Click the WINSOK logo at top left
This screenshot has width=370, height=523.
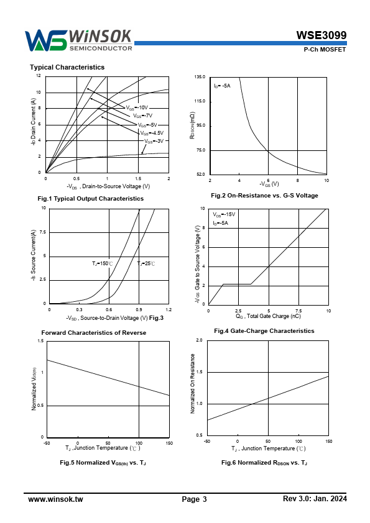[78, 40]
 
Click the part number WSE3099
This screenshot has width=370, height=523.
[321, 35]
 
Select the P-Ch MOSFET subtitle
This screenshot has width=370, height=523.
[325, 49]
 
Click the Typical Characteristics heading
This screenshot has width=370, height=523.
[67, 67]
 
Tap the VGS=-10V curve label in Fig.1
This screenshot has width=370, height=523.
[137, 107]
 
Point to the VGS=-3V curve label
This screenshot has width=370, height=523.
[154, 141]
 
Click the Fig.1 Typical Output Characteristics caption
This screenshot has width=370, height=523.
[91, 199]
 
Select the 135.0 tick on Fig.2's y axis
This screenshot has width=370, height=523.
[200, 77]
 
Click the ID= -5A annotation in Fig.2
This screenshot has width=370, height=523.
[222, 86]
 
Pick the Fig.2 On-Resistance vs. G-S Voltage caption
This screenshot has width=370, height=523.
[264, 196]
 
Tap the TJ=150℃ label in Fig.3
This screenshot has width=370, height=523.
[103, 263]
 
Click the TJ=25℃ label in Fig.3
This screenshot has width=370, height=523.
[146, 263]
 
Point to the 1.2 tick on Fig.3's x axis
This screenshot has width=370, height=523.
[169, 309]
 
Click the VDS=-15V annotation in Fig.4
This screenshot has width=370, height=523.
[224, 214]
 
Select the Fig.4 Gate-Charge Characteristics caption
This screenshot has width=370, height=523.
[264, 331]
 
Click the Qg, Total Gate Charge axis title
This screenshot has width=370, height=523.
[269, 316]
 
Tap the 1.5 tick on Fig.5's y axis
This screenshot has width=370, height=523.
[41, 341]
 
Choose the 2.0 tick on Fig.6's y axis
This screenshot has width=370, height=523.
[200, 340]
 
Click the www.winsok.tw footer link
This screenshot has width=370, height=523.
[55, 499]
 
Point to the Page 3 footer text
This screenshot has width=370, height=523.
[195, 499]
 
